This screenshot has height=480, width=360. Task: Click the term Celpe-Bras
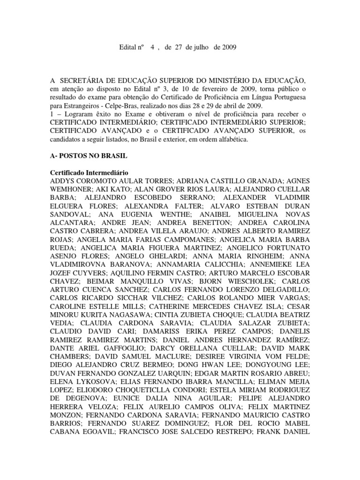click(105, 106)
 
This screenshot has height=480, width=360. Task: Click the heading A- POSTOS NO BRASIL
click(89, 157)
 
